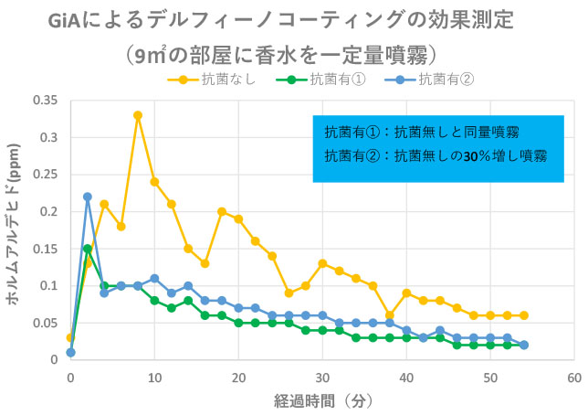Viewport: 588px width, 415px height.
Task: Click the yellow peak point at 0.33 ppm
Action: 138,115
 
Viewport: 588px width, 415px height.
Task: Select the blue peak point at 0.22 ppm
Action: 88,197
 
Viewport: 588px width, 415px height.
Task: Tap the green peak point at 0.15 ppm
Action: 88,249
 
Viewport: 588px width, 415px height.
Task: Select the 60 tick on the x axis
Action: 574,376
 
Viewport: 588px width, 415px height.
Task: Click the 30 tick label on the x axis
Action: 322,376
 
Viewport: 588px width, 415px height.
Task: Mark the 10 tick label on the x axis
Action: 154,376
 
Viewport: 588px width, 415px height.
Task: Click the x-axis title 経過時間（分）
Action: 321,399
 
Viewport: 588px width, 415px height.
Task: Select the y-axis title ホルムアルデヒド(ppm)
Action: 16,232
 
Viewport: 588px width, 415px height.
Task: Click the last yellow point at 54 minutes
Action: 524,315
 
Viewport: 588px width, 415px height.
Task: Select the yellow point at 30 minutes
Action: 322,263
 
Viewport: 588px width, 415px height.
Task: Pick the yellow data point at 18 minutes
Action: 222,211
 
